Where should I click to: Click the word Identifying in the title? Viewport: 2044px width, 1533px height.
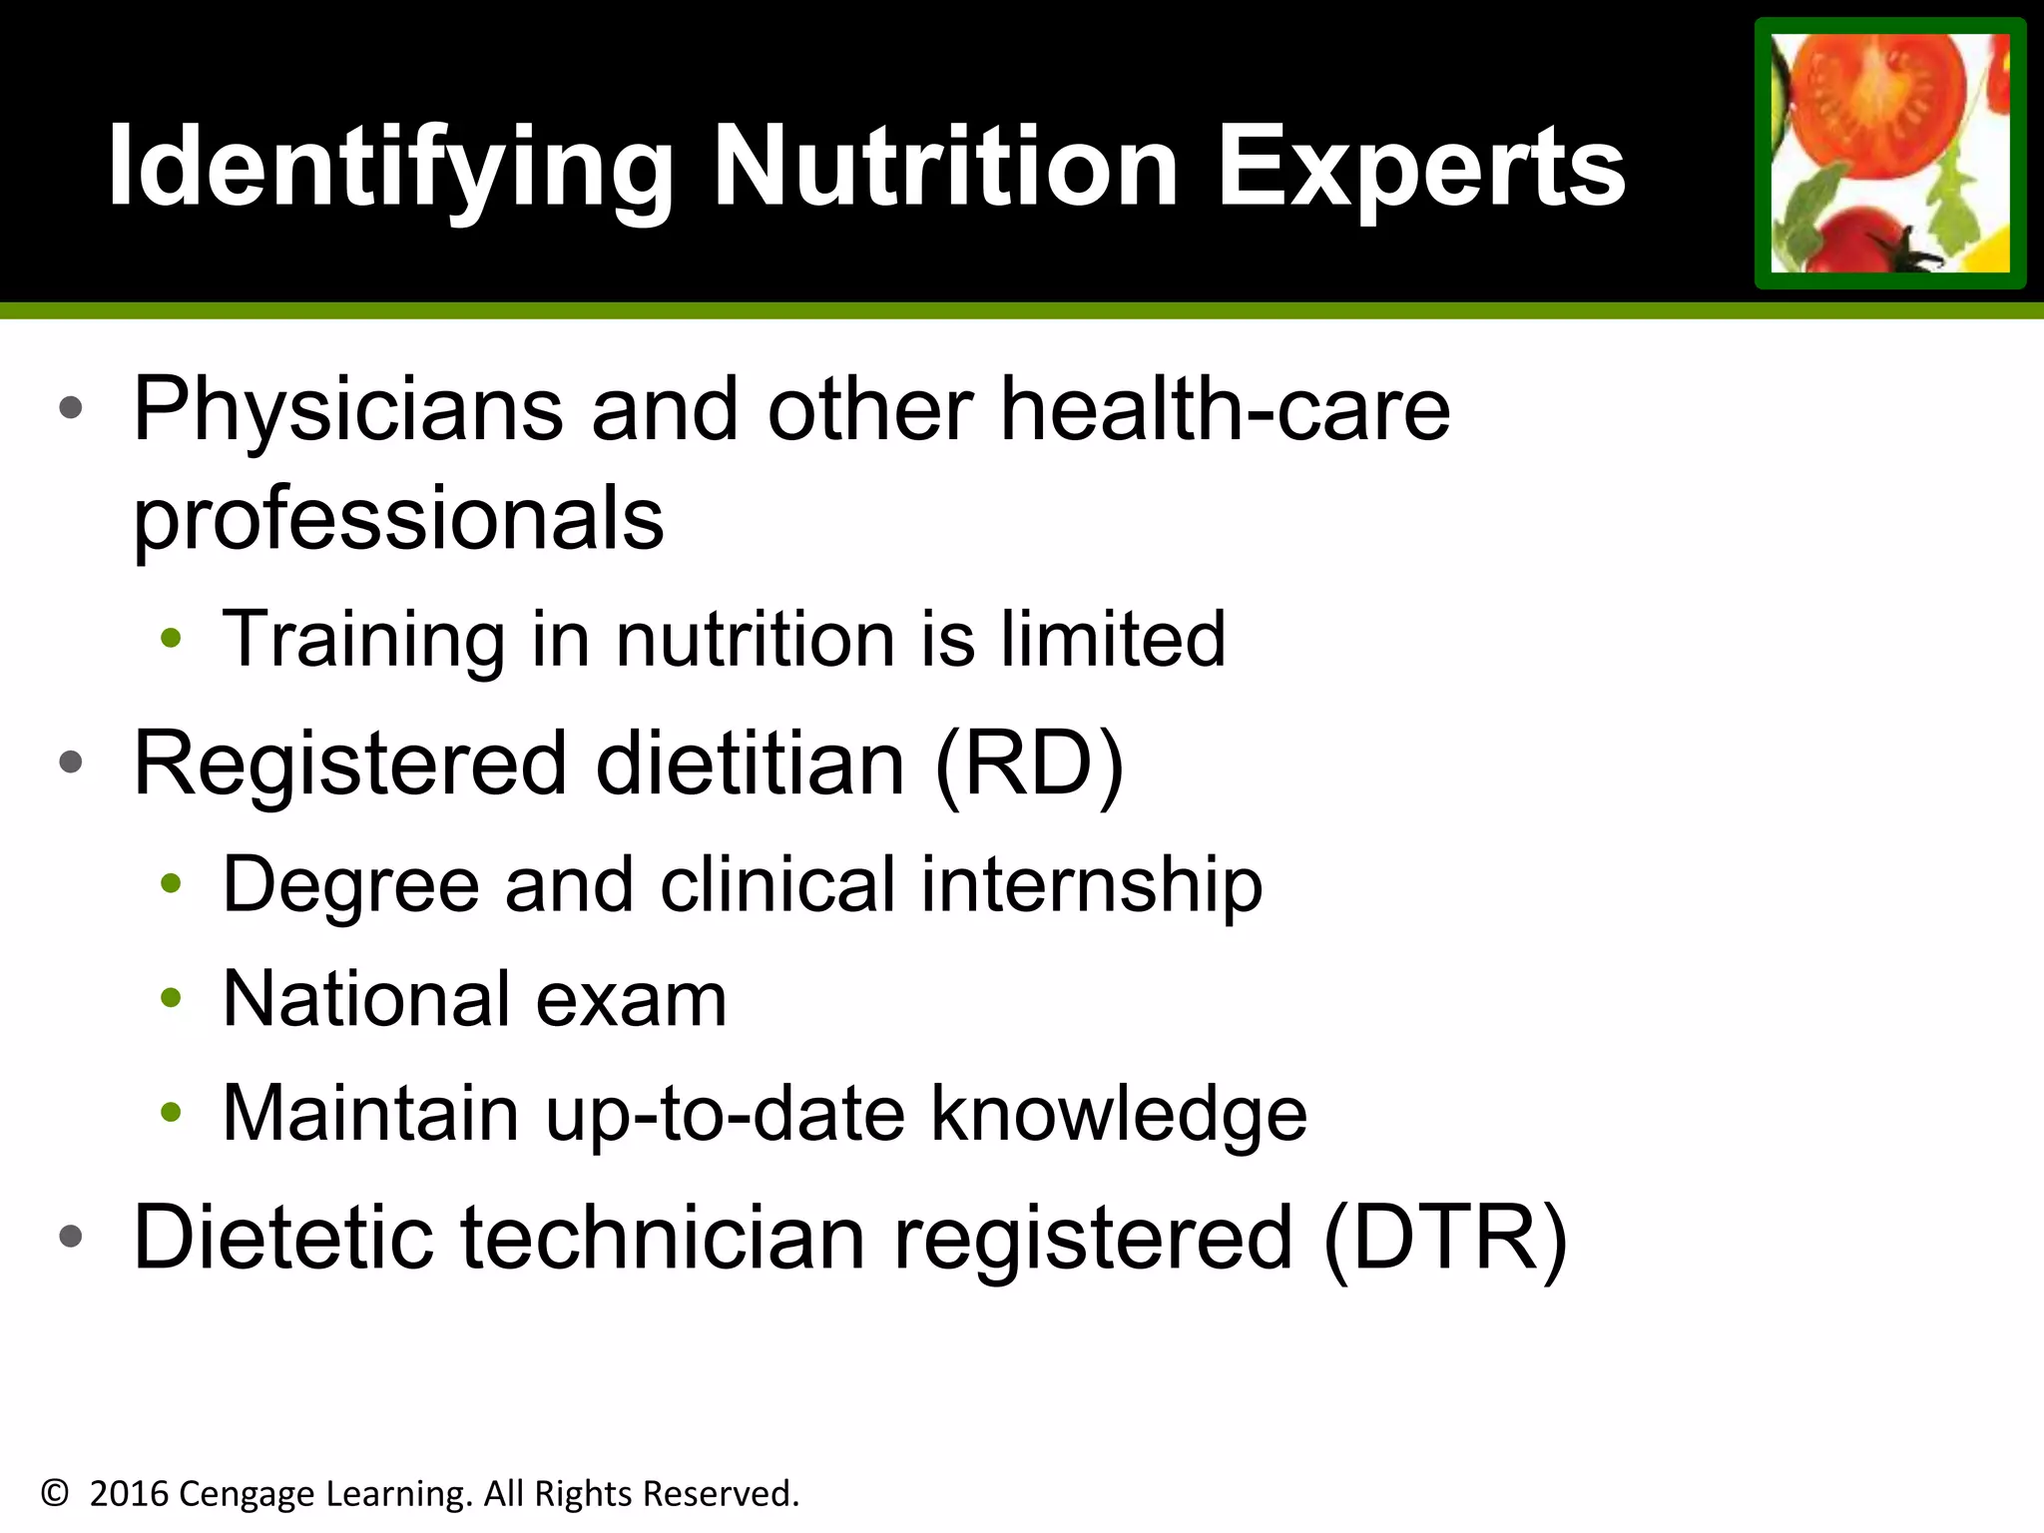pyautogui.click(x=389, y=168)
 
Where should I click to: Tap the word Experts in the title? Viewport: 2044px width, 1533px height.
pyautogui.click(x=1421, y=168)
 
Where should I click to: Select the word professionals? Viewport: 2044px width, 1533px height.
pyautogui.click(x=398, y=519)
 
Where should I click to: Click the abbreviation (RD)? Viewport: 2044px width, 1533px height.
pyautogui.click(x=1030, y=764)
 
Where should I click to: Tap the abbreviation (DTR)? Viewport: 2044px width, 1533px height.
pyautogui.click(x=1445, y=1238)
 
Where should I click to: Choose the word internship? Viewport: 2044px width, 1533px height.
pyautogui.click(x=1091, y=885)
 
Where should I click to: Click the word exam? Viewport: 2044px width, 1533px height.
pyautogui.click(x=631, y=999)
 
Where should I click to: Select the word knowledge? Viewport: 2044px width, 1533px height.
pyautogui.click(x=1119, y=1114)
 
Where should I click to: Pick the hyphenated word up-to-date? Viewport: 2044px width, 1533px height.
pyautogui.click(x=725, y=1114)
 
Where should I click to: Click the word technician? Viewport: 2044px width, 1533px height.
pyautogui.click(x=663, y=1238)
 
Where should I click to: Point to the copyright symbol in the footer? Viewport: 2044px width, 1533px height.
pyautogui.click(x=55, y=1494)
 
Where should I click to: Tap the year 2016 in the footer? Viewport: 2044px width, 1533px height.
pyautogui.click(x=129, y=1494)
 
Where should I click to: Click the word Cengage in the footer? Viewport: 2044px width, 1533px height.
pyautogui.click(x=247, y=1494)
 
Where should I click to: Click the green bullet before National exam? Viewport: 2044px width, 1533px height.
pyautogui.click(x=171, y=997)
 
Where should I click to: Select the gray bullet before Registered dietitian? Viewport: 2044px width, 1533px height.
pyautogui.click(x=70, y=763)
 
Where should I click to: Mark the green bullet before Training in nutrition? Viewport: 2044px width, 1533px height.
pyautogui.click(x=171, y=638)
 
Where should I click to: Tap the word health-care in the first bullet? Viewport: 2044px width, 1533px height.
pyautogui.click(x=1225, y=409)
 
